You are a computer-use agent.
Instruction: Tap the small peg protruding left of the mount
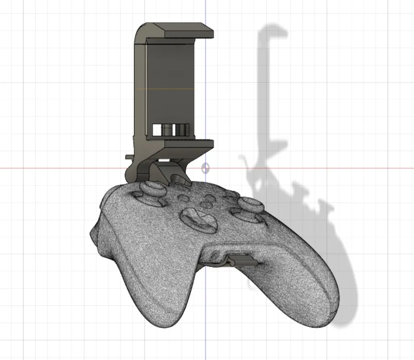pyautogui.click(x=129, y=157)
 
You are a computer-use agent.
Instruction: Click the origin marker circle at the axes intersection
pyautogui.click(x=205, y=168)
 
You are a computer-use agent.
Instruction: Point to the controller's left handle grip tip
pyautogui.click(x=162, y=320)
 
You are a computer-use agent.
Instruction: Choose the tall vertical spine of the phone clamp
pyautogui.click(x=139, y=93)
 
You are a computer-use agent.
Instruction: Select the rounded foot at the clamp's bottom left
pyautogui.click(x=131, y=174)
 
